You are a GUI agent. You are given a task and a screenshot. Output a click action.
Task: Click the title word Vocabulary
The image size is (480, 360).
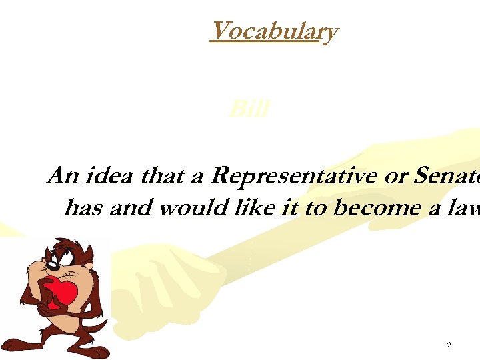point(273,31)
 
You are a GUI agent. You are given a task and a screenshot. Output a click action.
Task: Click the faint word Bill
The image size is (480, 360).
point(248,109)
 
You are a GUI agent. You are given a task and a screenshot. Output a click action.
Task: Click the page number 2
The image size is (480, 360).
point(449,345)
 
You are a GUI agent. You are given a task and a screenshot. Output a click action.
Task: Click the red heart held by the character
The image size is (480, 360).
point(63,293)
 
